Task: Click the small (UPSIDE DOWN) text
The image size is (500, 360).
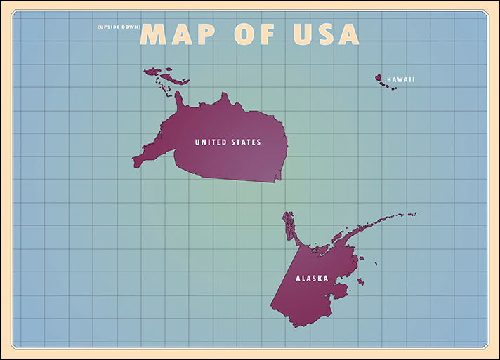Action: pos(119,27)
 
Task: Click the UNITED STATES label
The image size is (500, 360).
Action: pos(228,142)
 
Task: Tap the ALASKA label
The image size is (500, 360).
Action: pos(312,279)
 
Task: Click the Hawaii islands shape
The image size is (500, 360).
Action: pos(386,83)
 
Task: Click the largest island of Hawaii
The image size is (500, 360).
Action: pos(378,78)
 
